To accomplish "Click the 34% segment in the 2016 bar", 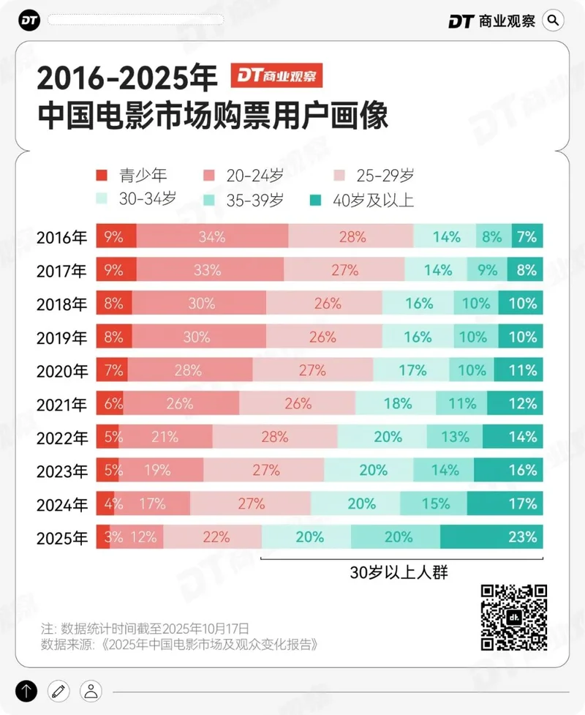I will click(x=212, y=237).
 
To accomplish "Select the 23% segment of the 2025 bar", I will click(x=491, y=537).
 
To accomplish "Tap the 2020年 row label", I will click(x=62, y=371).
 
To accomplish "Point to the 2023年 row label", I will click(x=62, y=471).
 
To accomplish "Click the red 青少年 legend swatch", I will click(x=102, y=176).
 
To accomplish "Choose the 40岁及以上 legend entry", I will click(x=362, y=200).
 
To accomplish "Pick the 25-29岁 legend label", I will click(x=386, y=176).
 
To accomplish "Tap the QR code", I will click(x=514, y=618).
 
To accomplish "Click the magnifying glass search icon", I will click(x=554, y=20).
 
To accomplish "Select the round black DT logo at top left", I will click(x=30, y=20).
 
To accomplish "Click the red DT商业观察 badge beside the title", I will click(x=277, y=75).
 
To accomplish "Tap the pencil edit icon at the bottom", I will click(x=58, y=690).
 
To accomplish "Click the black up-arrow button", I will click(x=26, y=690).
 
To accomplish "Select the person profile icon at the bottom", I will click(x=91, y=690).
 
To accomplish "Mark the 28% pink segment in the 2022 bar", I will click(x=275, y=437).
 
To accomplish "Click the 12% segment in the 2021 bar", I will click(x=515, y=403).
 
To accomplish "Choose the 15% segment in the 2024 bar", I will click(x=434, y=504).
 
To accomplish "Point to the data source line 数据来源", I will click(x=179, y=645).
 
